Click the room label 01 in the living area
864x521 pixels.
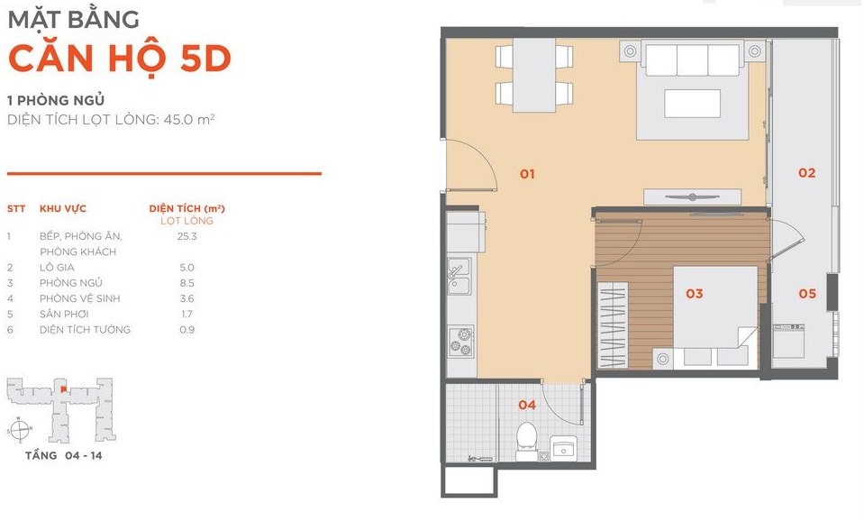pyautogui.click(x=527, y=174)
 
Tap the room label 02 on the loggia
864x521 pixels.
pyautogui.click(x=806, y=173)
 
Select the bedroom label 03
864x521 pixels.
pyautogui.click(x=695, y=294)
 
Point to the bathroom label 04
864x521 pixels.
pyautogui.click(x=527, y=406)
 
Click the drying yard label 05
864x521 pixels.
pyautogui.click(x=807, y=294)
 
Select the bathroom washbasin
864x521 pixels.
pyautogui.click(x=564, y=447)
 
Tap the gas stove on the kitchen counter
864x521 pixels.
pyautogui.click(x=461, y=341)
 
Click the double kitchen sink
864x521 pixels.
pyautogui.click(x=459, y=276)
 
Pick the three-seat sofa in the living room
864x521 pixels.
pyautogui.click(x=692, y=59)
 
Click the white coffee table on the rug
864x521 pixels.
pyautogui.click(x=692, y=104)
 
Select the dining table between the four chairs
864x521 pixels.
pyautogui.click(x=534, y=75)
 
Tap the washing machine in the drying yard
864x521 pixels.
pyautogui.click(x=788, y=341)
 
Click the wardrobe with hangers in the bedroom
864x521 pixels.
pyautogui.click(x=613, y=324)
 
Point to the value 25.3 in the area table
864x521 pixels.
pyautogui.click(x=186, y=236)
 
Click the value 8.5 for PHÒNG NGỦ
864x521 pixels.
pyautogui.click(x=186, y=283)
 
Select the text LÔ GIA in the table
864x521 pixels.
pyautogui.click(x=57, y=268)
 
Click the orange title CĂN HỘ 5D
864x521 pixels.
pyautogui.click(x=120, y=59)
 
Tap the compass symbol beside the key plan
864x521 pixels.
pyautogui.click(x=19, y=429)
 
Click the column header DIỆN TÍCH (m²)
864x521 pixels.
pyautogui.click(x=186, y=208)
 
